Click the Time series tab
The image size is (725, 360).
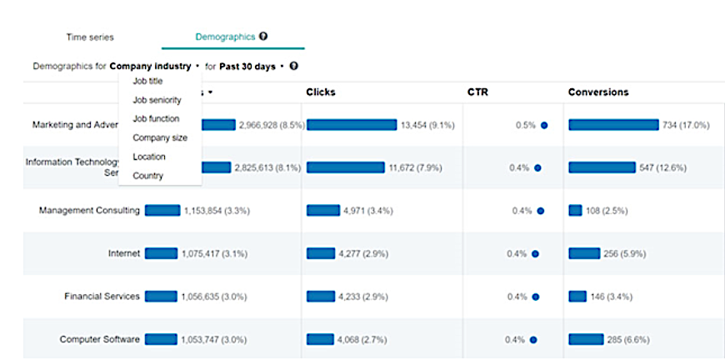click(90, 37)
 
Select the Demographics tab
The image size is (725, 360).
click(227, 37)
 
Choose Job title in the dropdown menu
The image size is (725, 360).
click(147, 81)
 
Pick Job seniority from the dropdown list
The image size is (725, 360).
click(157, 100)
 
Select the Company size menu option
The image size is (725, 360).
click(160, 137)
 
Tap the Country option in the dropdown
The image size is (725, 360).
click(147, 176)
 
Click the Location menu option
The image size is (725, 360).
click(149, 157)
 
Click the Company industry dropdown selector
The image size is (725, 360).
click(154, 66)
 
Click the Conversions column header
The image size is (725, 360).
click(598, 92)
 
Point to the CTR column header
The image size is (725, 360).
click(477, 92)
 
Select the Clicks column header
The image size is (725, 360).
click(321, 92)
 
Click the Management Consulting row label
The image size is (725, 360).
click(89, 211)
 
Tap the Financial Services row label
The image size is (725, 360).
click(102, 297)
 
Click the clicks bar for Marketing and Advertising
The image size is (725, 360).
click(352, 125)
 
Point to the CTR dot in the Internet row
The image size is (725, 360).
click(535, 254)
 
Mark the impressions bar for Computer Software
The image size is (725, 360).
click(161, 339)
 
